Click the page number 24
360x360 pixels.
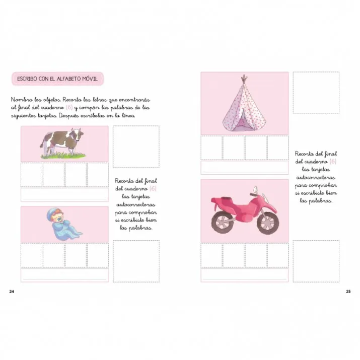pyautogui.click(x=13, y=291)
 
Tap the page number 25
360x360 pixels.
pyautogui.click(x=348, y=291)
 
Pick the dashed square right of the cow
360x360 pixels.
pyautogui.click(x=136, y=146)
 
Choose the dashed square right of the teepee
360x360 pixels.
pyautogui.click(x=316, y=92)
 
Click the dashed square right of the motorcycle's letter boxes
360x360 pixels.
pyautogui.click(x=316, y=261)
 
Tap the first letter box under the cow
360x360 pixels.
pyautogui.click(x=31, y=174)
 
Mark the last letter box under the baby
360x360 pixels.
pyautogui.click(x=98, y=255)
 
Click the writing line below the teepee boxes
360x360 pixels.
pyautogui.click(x=245, y=167)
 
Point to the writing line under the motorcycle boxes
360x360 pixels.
pyautogui.click(x=245, y=275)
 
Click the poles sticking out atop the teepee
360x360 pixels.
pyautogui.click(x=244, y=79)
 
